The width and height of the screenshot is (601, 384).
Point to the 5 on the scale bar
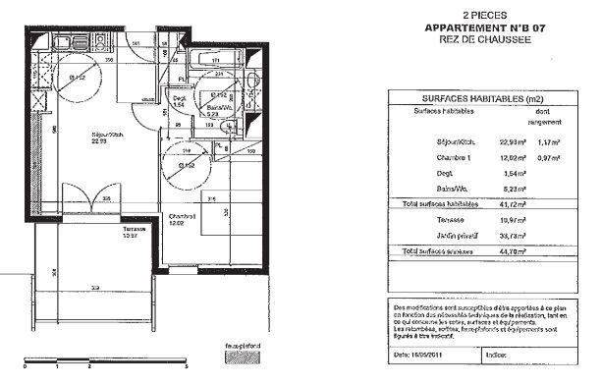pos(173,376)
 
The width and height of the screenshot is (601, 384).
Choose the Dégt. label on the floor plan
pos(180,99)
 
